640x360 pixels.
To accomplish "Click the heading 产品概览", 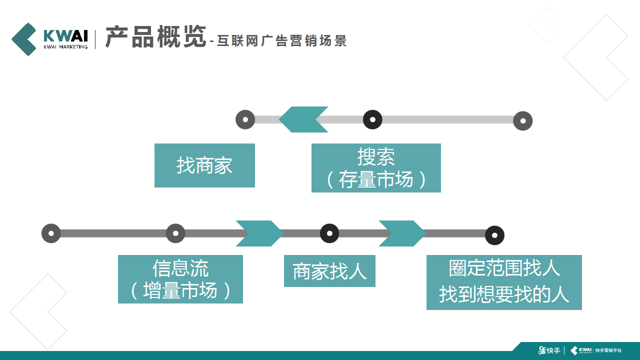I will coord(155,37).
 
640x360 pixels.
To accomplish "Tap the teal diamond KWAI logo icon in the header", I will coord(24,39).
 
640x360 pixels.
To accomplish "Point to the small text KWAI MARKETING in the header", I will coord(65,47).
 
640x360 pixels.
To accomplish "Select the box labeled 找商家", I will coord(204,165).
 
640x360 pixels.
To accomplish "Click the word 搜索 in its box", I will coord(376,157).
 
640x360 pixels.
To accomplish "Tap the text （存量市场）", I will coord(376,179).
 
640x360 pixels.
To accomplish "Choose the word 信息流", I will coord(180,268).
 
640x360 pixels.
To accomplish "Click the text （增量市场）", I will coord(180,290).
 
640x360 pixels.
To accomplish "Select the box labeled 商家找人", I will coord(329,271).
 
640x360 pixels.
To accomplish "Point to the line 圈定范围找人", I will coord(504,268).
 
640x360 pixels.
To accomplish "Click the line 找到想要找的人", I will coord(504,294).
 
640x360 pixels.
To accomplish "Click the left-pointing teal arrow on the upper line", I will coord(303,119).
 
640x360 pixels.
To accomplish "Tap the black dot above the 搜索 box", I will coord(372,119).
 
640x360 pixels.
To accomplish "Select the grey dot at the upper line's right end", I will coord(523,120).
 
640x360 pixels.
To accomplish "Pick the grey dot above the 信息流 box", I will coord(175,233).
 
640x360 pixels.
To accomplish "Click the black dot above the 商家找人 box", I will coord(329,233).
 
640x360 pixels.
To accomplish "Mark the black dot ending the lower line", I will coord(494,235).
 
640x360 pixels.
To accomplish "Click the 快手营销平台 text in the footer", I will coord(609,350).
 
